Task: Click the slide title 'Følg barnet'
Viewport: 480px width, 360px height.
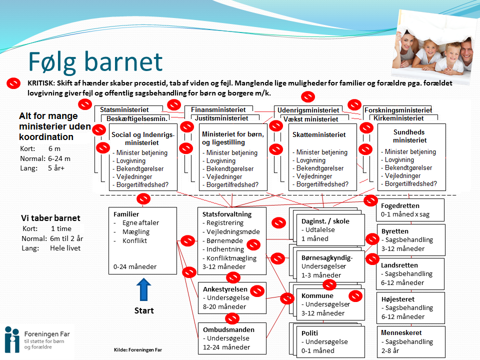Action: point(95,62)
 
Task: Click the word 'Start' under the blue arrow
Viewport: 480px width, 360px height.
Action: point(144,310)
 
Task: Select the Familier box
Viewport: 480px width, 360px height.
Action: point(142,240)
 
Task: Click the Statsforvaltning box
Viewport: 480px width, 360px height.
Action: point(231,240)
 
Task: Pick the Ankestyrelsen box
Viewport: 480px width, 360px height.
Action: point(231,298)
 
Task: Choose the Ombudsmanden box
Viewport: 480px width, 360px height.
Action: point(231,338)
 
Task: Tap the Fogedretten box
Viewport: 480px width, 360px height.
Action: point(403,210)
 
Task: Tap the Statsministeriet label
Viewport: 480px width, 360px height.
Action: point(123,109)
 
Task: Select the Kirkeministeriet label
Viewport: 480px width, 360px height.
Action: point(399,118)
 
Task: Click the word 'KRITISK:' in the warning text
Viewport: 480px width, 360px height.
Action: point(42,83)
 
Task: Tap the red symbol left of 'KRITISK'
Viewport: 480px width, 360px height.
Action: point(13,83)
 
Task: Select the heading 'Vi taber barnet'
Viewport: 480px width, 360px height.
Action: point(50,218)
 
